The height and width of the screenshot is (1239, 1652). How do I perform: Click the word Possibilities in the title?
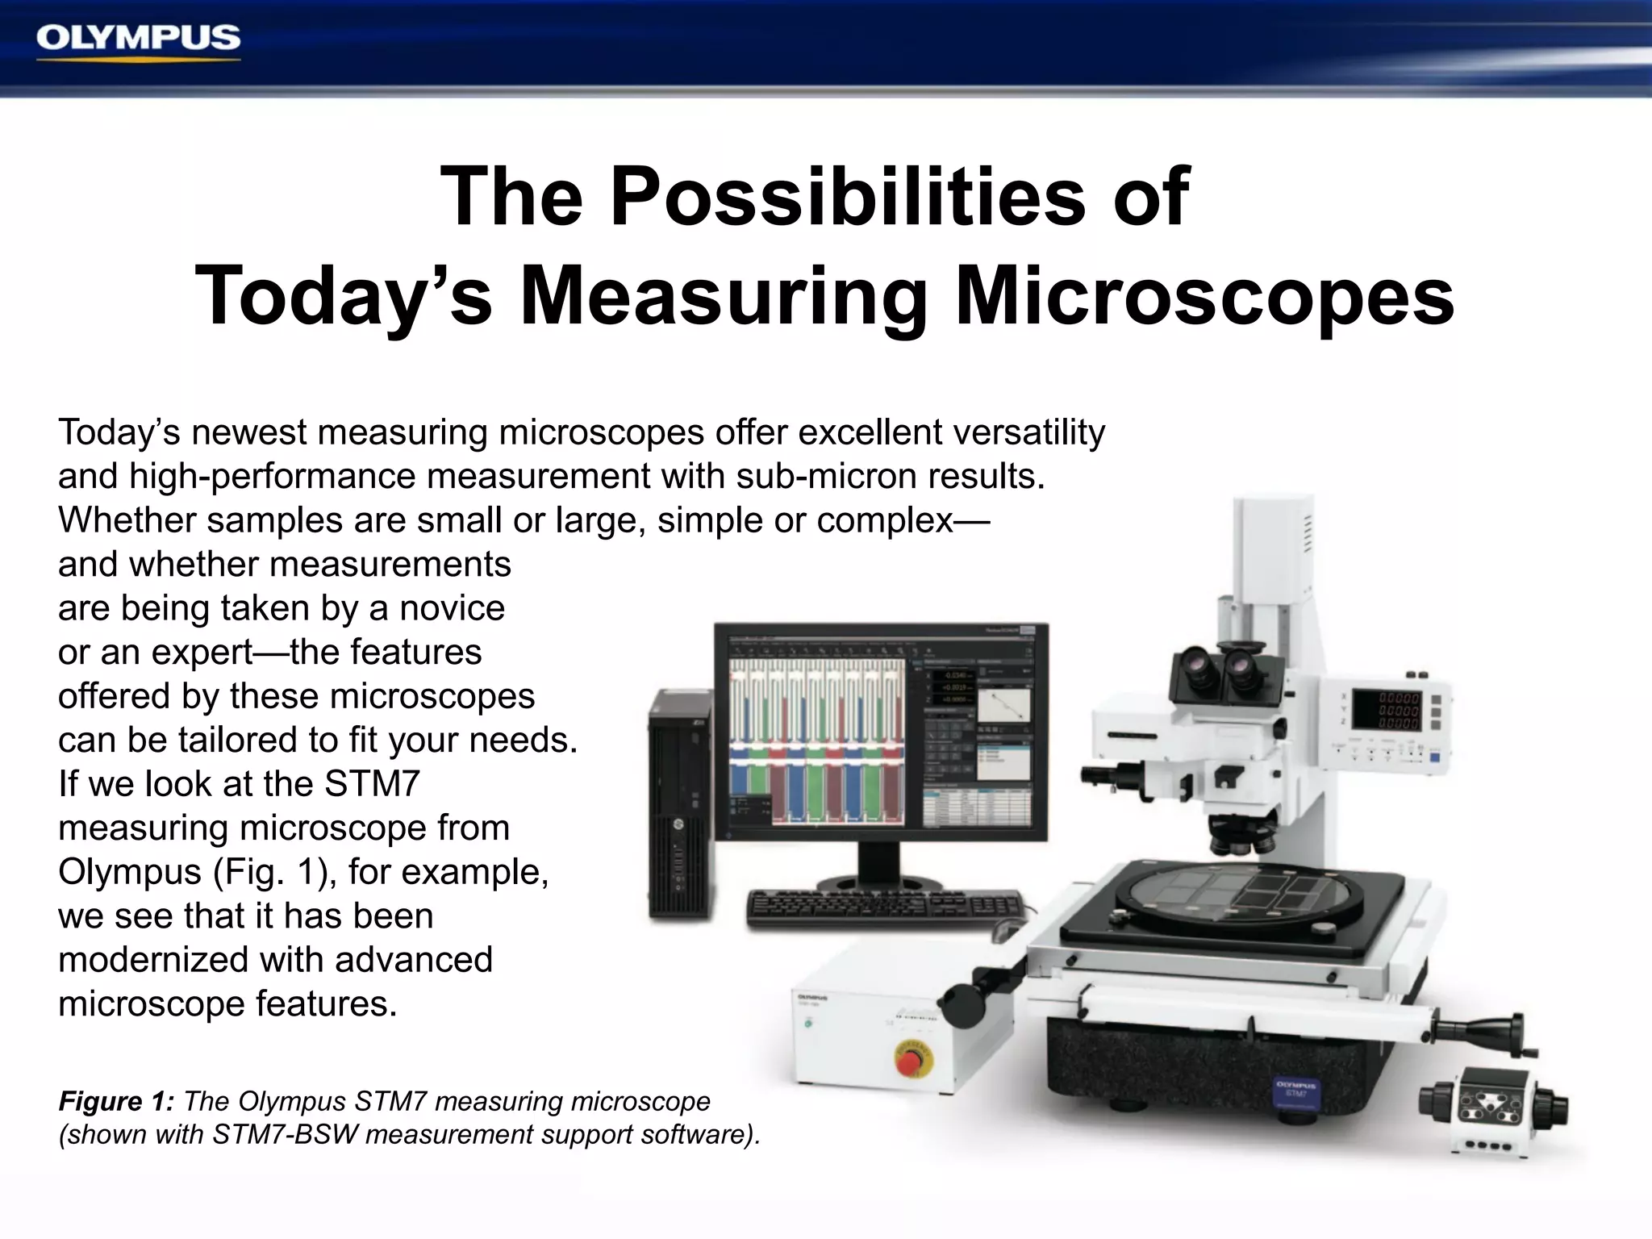click(x=847, y=198)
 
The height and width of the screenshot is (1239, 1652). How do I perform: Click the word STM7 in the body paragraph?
click(x=372, y=784)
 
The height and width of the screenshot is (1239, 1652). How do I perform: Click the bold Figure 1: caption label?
click(x=116, y=1102)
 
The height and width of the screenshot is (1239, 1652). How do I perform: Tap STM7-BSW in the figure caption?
click(x=285, y=1135)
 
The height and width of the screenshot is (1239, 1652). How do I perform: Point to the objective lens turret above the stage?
click(x=1242, y=837)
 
